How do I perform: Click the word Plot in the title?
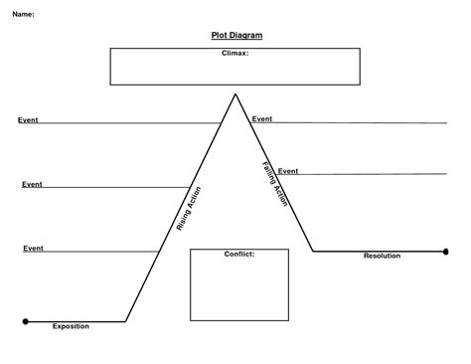pos(221,36)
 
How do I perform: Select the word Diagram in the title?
pos(246,36)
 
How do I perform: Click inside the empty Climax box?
pos(235,70)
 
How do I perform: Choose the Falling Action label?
pos(275,184)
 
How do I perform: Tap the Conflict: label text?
pos(239,254)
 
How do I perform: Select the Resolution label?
pos(382,256)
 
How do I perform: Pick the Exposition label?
pos(71,325)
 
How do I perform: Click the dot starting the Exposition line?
pos(25,321)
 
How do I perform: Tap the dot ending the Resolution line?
pos(447,252)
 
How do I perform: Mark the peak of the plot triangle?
pos(235,93)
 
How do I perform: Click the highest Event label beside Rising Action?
pos(28,120)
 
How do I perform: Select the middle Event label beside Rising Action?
pos(32,184)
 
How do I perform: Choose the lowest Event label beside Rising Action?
pos(34,248)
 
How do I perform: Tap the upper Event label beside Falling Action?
pos(262,119)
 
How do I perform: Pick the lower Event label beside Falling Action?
pos(288,171)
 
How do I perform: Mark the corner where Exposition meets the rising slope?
pos(126,321)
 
